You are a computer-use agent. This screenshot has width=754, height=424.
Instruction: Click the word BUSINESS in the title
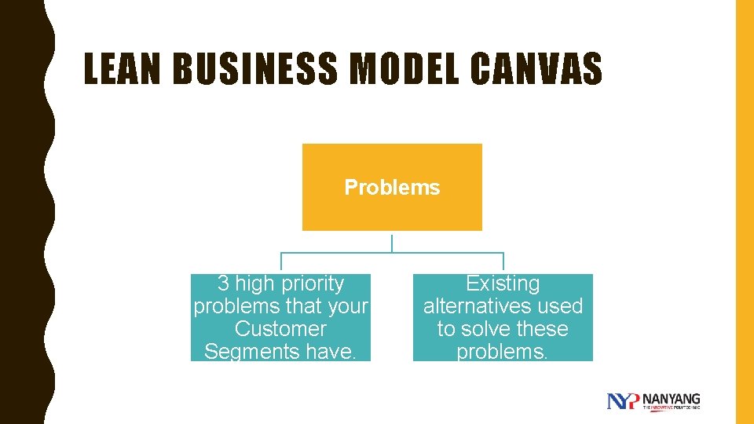254,69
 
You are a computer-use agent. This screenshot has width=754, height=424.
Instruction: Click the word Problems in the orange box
392,188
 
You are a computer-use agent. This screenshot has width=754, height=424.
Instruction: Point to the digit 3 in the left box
222,283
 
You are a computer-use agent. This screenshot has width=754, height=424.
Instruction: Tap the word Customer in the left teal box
280,329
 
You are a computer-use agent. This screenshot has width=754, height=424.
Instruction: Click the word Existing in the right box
503,283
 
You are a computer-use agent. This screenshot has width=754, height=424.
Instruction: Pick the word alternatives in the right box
477,306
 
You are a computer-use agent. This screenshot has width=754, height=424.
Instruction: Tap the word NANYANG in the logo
671,398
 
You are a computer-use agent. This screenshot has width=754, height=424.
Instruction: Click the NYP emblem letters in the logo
624,401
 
